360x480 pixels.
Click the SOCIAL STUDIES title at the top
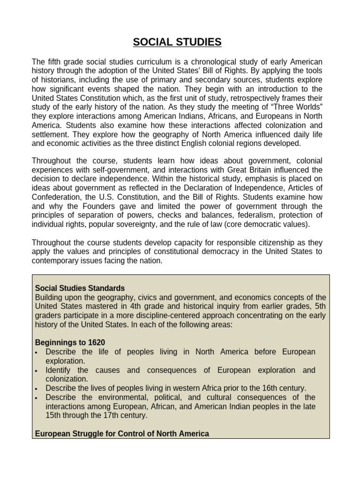pyautogui.click(x=177, y=43)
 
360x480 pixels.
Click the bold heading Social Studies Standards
pyautogui.click(x=80, y=288)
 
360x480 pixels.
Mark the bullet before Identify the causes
pyautogui.click(x=37, y=371)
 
